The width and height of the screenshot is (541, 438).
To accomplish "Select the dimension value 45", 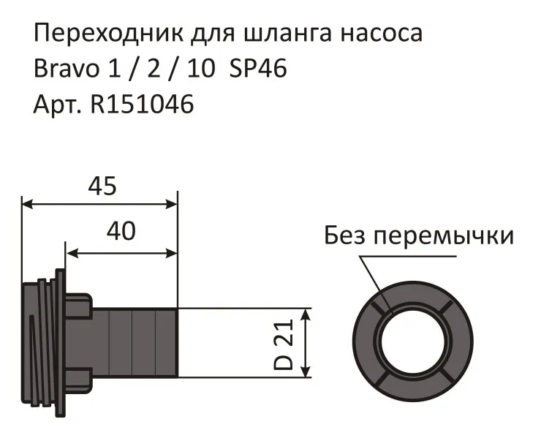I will (102, 187).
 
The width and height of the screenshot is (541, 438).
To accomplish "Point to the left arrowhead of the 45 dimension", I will (26, 204).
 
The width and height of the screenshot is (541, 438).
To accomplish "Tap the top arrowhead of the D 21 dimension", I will (307, 313).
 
